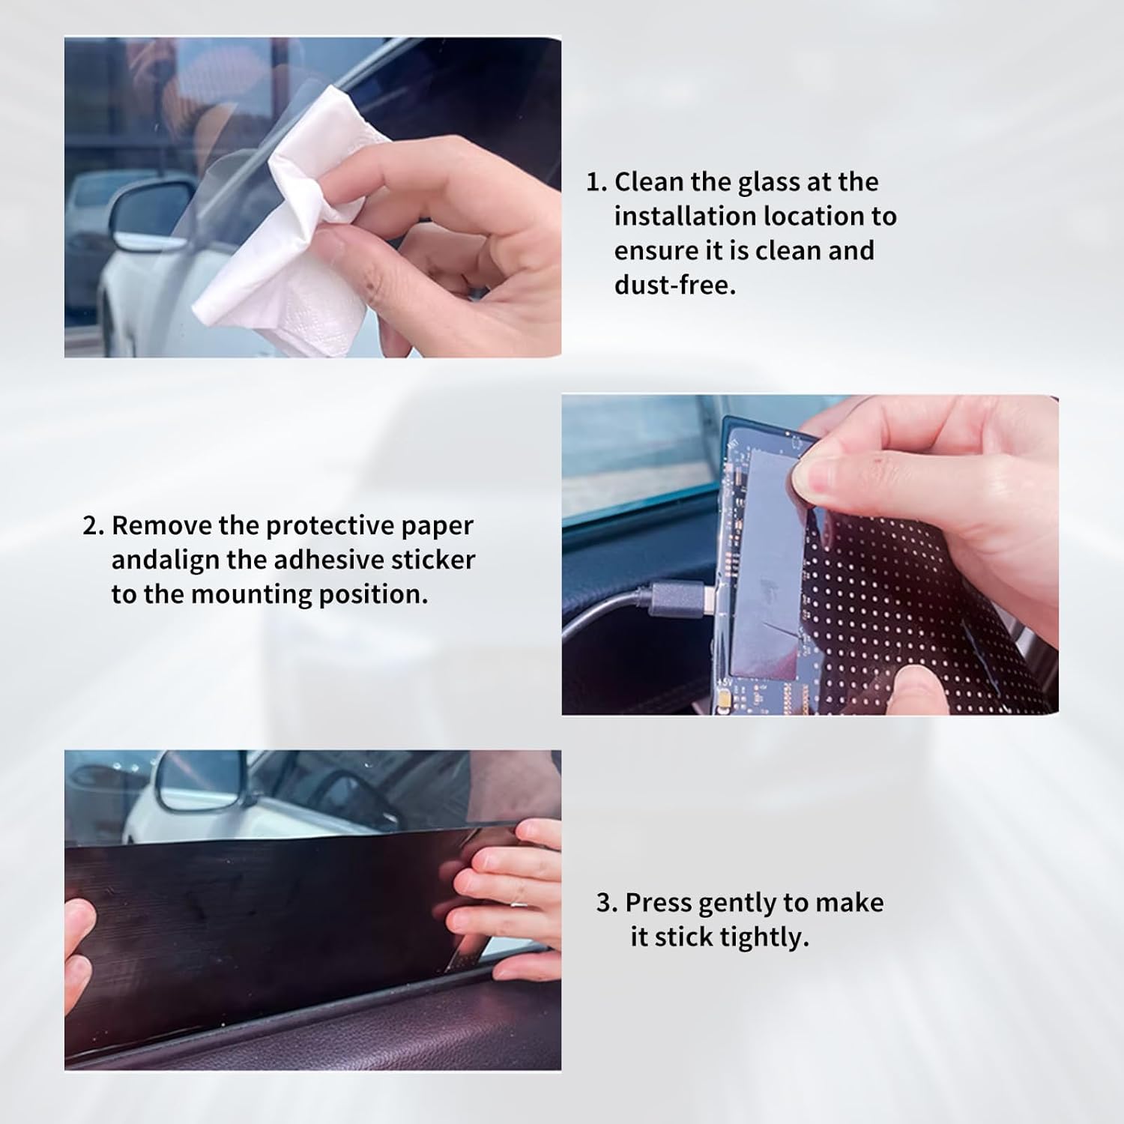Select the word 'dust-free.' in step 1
pyautogui.click(x=674, y=285)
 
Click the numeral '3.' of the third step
pyautogui.click(x=607, y=903)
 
